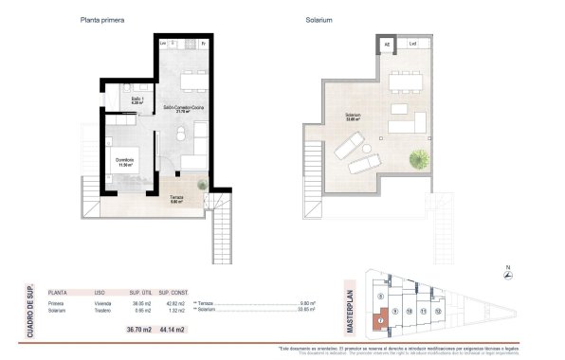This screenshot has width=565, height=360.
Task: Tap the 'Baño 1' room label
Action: (x=136, y=99)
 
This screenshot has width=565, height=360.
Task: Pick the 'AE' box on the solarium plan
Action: (x=387, y=44)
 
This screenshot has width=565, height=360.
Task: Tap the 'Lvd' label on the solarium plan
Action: (x=412, y=44)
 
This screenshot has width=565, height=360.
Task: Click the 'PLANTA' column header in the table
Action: (x=57, y=292)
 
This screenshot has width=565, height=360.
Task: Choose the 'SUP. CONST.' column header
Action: (x=172, y=292)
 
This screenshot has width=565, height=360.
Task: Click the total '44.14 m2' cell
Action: (x=172, y=331)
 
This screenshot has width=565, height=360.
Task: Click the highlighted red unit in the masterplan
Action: (x=380, y=321)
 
